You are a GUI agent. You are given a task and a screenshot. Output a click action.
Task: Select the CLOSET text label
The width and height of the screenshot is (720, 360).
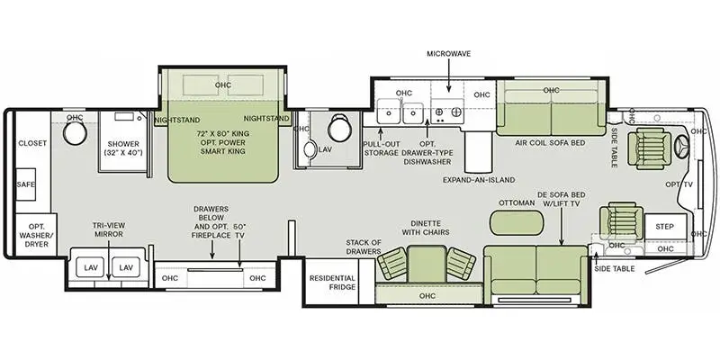click(31, 143)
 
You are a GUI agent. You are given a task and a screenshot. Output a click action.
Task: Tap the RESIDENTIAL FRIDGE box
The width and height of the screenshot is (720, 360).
click(332, 284)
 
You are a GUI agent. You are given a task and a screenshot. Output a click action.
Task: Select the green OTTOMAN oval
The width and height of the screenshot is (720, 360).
click(511, 220)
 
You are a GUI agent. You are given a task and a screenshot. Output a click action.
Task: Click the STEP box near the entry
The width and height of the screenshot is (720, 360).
click(665, 226)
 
